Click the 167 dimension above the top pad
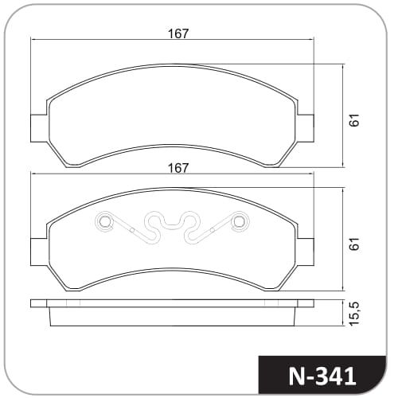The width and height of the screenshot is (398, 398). click(178, 33)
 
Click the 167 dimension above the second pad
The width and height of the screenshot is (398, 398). click(178, 168)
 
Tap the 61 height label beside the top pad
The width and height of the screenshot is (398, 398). click(354, 120)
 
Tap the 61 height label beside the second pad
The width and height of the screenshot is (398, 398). click(354, 244)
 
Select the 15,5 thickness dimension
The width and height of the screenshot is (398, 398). click(354, 313)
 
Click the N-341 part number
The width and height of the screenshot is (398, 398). click(322, 376)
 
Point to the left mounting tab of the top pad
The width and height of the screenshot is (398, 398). click(39, 128)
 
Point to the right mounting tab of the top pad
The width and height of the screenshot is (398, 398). click(306, 128)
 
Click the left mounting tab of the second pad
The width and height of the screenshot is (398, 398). click(39, 252)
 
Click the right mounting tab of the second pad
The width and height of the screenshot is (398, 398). click(306, 252)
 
